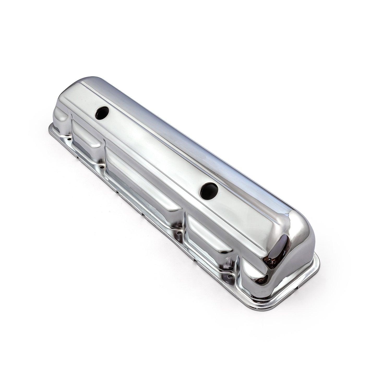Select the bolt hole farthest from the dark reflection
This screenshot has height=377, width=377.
69,140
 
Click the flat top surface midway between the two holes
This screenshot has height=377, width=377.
154,149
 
